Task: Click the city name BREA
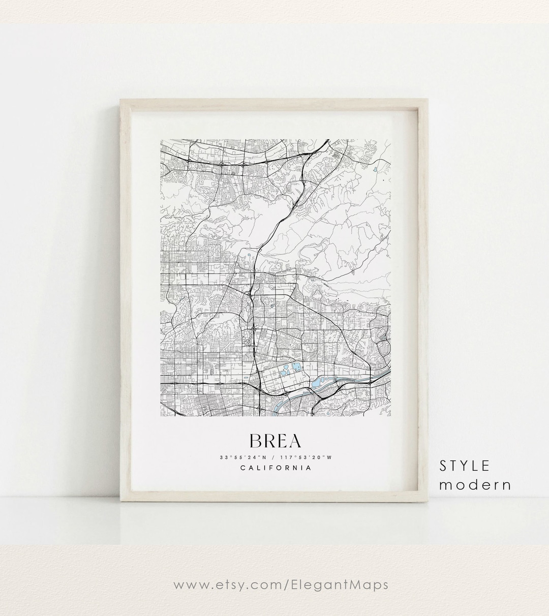point(275,441)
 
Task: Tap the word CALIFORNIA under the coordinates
point(276,468)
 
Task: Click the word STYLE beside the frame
point(465,466)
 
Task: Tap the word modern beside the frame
point(475,484)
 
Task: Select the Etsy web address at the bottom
point(281,584)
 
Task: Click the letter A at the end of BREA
point(294,441)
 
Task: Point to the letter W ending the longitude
point(329,457)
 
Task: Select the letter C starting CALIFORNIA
point(243,468)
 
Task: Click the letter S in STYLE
point(444,466)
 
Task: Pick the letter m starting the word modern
point(444,485)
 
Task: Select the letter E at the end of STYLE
point(485,466)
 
